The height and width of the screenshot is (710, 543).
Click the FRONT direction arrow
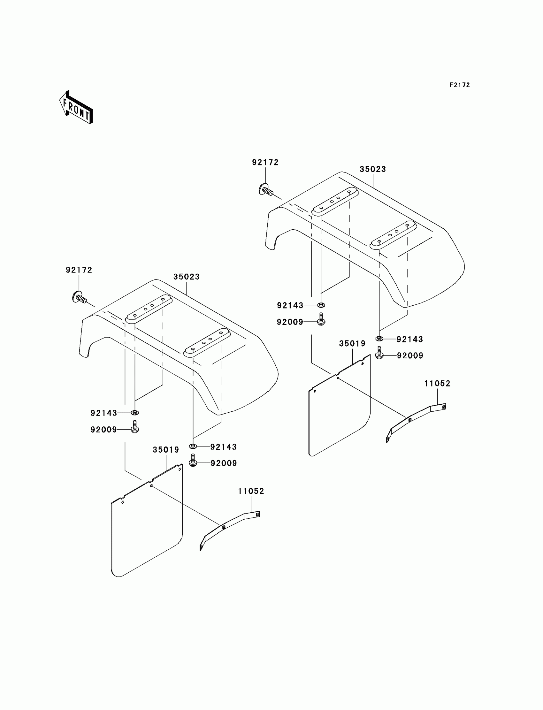[76, 108]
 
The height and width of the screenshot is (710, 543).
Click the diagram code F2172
[460, 85]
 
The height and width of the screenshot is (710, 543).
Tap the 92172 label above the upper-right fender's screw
[265, 162]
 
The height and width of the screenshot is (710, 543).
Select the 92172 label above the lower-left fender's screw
[79, 270]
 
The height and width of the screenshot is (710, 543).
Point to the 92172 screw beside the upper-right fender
[266, 190]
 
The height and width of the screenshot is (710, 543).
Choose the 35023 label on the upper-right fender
[373, 169]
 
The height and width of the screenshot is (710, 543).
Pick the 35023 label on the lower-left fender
[187, 277]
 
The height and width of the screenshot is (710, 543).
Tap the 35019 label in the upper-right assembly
[352, 344]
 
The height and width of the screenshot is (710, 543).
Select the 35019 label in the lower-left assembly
[166, 450]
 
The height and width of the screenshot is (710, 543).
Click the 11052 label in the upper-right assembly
[437, 383]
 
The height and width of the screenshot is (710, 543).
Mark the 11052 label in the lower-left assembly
[251, 491]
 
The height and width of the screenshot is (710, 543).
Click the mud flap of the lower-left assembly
[147, 523]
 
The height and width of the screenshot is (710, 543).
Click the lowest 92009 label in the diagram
[224, 463]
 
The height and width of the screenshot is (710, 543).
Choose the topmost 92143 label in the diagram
[290, 305]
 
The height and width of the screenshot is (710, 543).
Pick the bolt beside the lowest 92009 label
[193, 460]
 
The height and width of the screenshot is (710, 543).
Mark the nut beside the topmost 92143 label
[321, 305]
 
